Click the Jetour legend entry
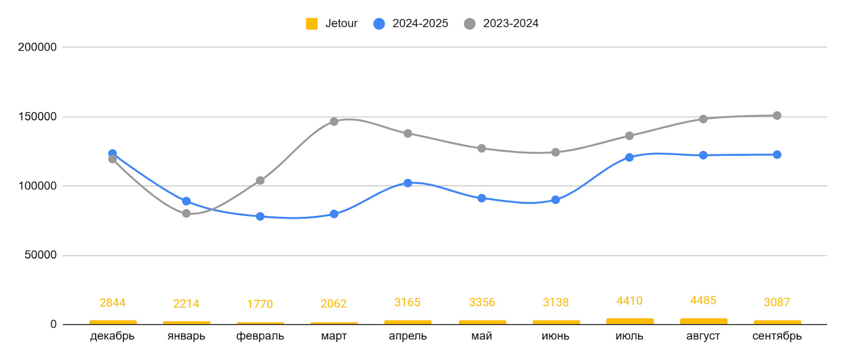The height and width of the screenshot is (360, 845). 332,24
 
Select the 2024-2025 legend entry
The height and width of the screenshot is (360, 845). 411,24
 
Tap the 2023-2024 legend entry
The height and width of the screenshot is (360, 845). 501,24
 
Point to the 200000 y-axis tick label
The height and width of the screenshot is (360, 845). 37,47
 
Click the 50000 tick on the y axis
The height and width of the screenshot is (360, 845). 40,255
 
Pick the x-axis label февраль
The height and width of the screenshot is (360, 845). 260,336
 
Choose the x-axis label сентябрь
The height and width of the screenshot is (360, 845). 777,336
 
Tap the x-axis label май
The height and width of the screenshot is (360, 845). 482,336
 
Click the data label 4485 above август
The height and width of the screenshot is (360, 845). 703,300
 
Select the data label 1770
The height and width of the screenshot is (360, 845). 260,304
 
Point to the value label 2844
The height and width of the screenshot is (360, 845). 112,302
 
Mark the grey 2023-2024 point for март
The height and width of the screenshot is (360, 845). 334,121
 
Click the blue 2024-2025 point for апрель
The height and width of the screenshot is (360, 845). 408,183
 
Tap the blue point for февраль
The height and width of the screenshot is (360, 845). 260,216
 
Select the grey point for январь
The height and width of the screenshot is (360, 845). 186,213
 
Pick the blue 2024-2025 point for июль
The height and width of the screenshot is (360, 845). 630,157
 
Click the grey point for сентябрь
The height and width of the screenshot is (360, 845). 777,116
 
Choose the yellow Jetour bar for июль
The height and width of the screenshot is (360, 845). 630,321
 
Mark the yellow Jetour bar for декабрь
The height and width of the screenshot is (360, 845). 112,322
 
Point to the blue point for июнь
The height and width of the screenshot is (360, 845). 556,200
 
